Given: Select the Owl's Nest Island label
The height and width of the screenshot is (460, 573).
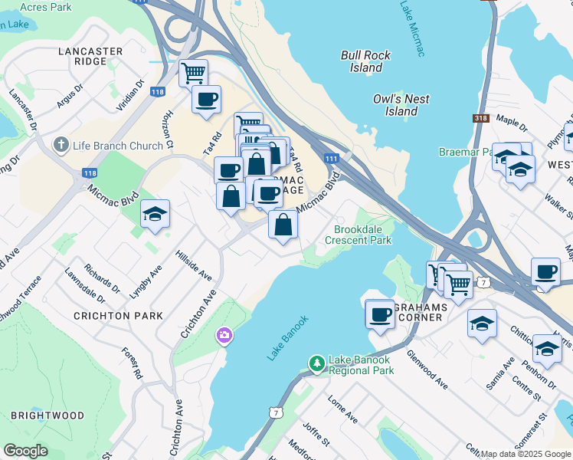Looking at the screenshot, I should coord(401,105).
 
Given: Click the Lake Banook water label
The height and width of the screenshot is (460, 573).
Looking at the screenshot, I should coord(288,338).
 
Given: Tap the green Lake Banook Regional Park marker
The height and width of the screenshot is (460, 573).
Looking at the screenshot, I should coord(316,362).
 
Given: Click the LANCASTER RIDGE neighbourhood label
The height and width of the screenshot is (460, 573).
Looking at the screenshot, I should coord(90,57).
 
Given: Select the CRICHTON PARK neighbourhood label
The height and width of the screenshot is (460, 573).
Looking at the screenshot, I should coord(118,315).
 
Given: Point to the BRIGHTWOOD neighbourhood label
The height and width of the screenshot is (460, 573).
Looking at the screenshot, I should coord(47,415).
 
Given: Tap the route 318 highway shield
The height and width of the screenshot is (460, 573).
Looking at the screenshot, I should coord(481,118).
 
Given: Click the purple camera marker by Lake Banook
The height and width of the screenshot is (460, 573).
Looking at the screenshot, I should coord(224,336).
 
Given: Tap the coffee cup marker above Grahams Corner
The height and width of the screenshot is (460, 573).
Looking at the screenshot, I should coord(380,314).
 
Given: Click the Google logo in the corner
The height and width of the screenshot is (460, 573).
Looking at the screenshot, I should coord(26,451).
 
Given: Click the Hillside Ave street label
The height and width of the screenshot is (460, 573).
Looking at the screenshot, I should coord(193,264).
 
